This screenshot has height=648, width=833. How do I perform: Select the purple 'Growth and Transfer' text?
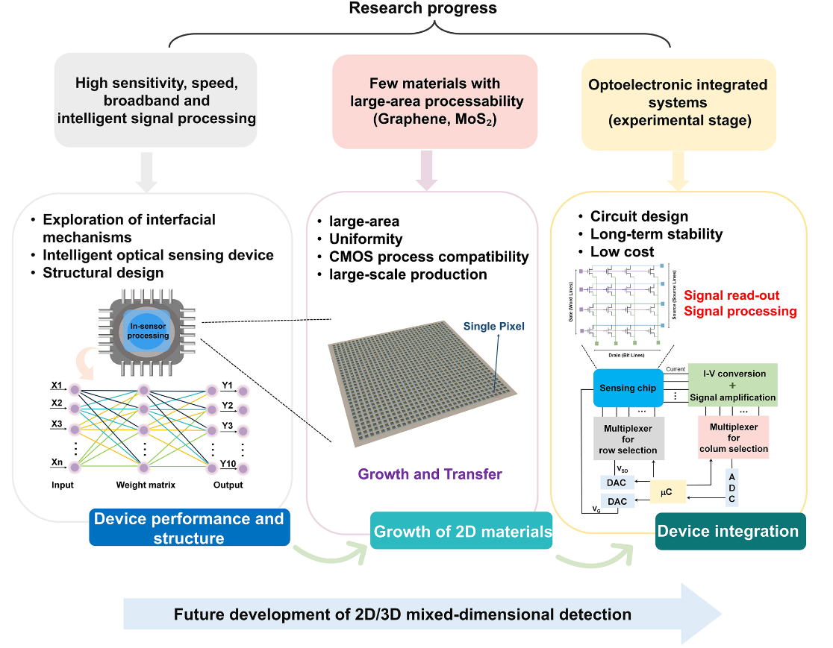pyautogui.click(x=430, y=474)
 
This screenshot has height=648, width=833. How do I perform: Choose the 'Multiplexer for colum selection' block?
pyautogui.click(x=733, y=438)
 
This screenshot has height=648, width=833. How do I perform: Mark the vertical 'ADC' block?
pyautogui.click(x=731, y=488)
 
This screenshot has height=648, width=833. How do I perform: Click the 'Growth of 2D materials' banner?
pyautogui.click(x=462, y=531)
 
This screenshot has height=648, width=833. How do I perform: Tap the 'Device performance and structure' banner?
pyautogui.click(x=189, y=527)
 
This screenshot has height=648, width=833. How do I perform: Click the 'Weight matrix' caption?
pyautogui.click(x=146, y=485)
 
